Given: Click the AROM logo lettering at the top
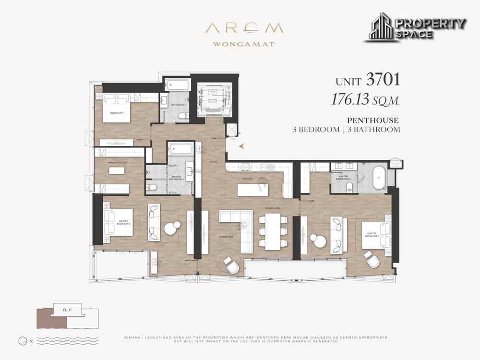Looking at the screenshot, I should tap(244, 28).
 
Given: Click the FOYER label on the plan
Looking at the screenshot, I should tap(213, 162).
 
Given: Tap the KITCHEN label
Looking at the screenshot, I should tap(248, 179).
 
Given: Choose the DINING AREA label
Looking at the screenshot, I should tap(273, 208).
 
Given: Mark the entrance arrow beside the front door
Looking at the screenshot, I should tap(241, 145).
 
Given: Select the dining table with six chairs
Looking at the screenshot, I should tap(273, 230).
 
